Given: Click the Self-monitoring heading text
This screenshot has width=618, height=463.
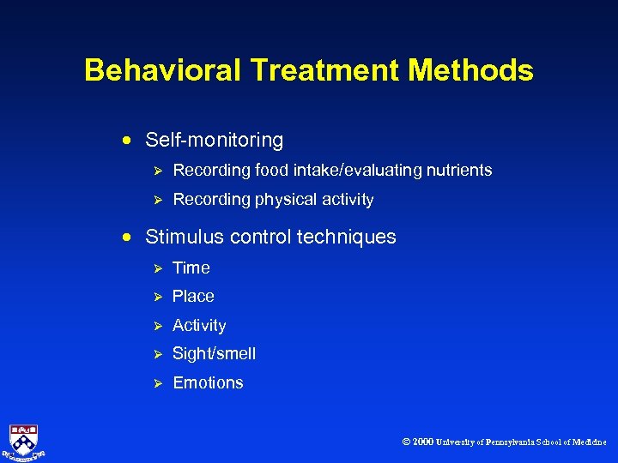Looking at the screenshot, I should (215, 140).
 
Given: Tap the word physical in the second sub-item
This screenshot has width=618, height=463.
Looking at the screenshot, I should (287, 200).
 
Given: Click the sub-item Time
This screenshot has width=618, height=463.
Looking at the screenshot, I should (191, 268).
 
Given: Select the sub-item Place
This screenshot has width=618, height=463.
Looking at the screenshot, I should (193, 297).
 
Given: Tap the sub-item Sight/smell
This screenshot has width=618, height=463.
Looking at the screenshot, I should (215, 353).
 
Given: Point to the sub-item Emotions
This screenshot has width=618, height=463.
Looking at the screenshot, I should (209, 383).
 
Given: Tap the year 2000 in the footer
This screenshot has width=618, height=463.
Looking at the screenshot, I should (423, 442).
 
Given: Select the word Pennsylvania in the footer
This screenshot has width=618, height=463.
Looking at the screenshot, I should (511, 442).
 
